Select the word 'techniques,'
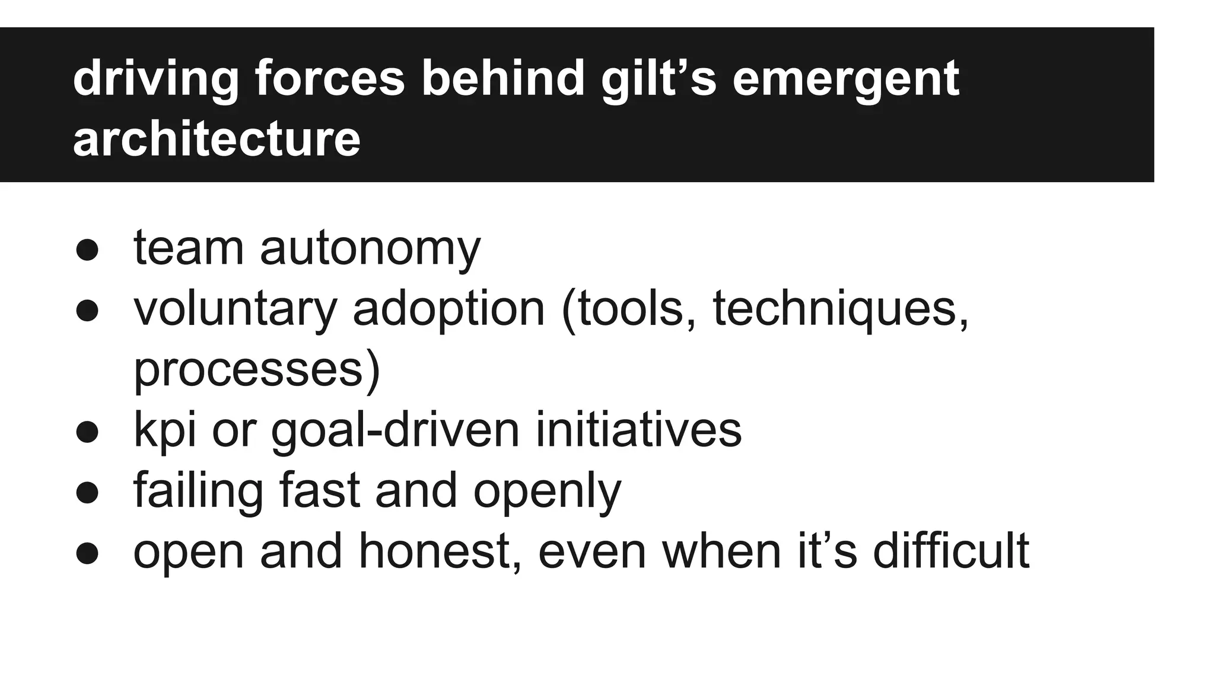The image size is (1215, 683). (841, 309)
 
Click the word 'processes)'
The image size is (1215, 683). (256, 369)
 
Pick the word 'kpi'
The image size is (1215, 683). (164, 430)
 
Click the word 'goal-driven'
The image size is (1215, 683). (395, 430)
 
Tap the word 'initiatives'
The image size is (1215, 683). (638, 430)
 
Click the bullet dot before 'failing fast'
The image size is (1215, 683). (87, 492)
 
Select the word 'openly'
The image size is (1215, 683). (547, 491)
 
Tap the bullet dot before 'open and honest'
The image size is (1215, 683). (87, 553)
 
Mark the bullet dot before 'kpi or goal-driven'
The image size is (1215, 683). (87, 432)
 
